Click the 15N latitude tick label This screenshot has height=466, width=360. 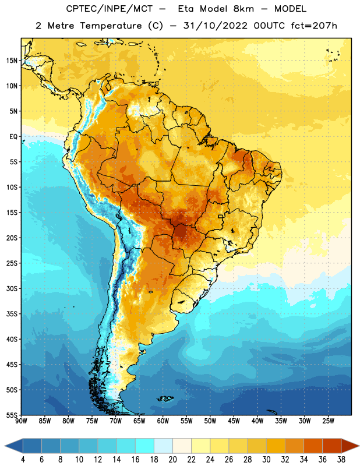coord(12,61)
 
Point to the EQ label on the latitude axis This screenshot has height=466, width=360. coord(13,137)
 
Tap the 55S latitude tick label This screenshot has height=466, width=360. coord(12,415)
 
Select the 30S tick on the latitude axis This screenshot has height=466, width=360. coord(12,288)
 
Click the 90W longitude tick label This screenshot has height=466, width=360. coord(21,421)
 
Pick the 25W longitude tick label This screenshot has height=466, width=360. coord(328,421)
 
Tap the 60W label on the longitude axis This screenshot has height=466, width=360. coord(163,421)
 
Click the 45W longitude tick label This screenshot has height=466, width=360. coord(234,421)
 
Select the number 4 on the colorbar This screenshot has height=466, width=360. coord(23,460)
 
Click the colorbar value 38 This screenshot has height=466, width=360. coord(341,460)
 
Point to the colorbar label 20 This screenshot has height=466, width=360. coord(172,460)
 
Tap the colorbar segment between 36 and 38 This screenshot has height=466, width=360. coord(332,446)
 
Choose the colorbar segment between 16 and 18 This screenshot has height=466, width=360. coord(144,446)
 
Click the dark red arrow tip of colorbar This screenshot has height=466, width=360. coord(350,446)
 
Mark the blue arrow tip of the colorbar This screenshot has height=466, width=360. coord(13,446)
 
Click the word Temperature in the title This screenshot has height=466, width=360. coord(111,26)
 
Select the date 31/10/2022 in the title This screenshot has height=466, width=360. coord(215,26)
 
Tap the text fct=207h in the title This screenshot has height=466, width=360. coord(314,26)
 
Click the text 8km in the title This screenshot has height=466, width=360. coord(243,9)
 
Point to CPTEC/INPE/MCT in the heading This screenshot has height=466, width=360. coord(110,9)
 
